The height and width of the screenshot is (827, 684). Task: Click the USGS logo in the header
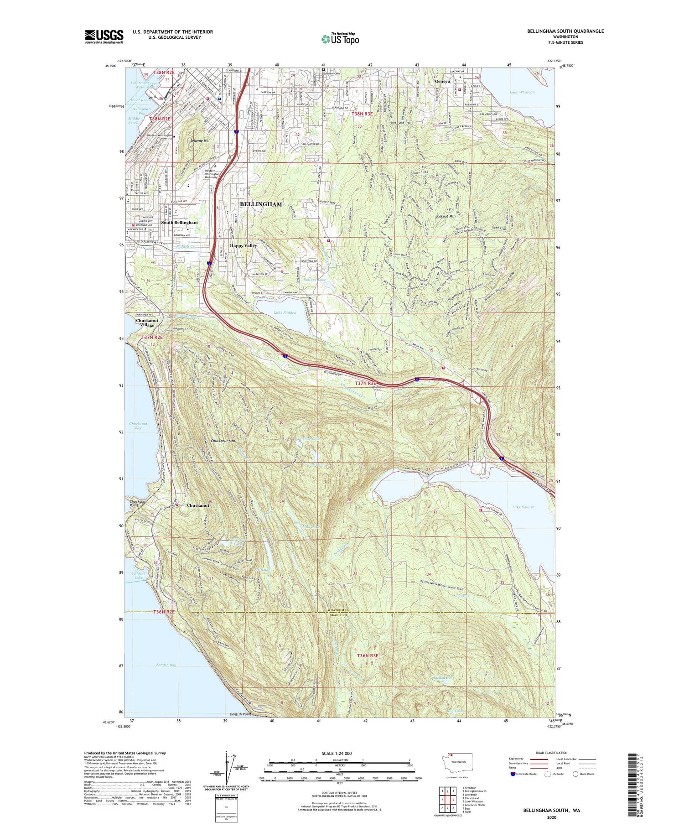104,36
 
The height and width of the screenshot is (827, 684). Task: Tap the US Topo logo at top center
340,39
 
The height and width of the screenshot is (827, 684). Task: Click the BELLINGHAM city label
261,204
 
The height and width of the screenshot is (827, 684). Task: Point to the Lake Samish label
523,507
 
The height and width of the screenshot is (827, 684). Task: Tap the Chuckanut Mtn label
223,441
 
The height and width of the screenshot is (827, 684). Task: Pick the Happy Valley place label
243,245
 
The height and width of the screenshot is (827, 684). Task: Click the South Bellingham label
179,223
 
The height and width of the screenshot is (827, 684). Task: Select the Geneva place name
442,81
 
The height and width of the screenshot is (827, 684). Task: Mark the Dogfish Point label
241,714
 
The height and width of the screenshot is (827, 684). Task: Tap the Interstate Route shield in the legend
513,774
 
